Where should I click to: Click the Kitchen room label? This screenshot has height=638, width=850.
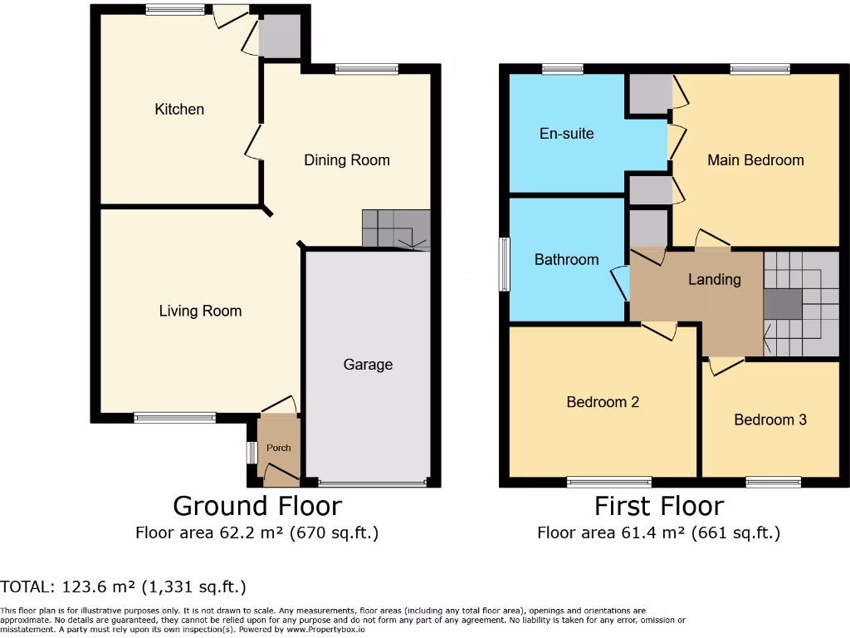pos(179,110)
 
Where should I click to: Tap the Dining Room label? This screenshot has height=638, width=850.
pos(346,160)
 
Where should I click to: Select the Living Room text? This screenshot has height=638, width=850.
pos(200,312)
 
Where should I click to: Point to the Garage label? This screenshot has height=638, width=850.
pos(368,365)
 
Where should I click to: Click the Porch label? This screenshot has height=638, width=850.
pos(279,448)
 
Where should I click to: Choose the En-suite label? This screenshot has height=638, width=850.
pos(566,133)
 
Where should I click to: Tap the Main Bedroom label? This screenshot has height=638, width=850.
pos(755,160)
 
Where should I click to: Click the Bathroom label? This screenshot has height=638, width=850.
pos(566,260)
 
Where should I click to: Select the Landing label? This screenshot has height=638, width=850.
pos(714,280)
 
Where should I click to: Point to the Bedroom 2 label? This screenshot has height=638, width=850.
pos(603,402)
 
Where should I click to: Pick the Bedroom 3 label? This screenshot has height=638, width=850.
pos(770,420)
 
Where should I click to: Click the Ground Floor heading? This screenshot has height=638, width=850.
pos(256,506)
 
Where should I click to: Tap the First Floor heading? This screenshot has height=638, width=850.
pos(659,506)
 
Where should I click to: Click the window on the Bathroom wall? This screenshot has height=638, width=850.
pos(504,265)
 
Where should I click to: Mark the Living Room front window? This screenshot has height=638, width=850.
pos(174,418)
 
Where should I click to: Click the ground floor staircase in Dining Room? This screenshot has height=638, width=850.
pos(396,229)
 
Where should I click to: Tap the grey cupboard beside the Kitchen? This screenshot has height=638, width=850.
pos(279,37)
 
